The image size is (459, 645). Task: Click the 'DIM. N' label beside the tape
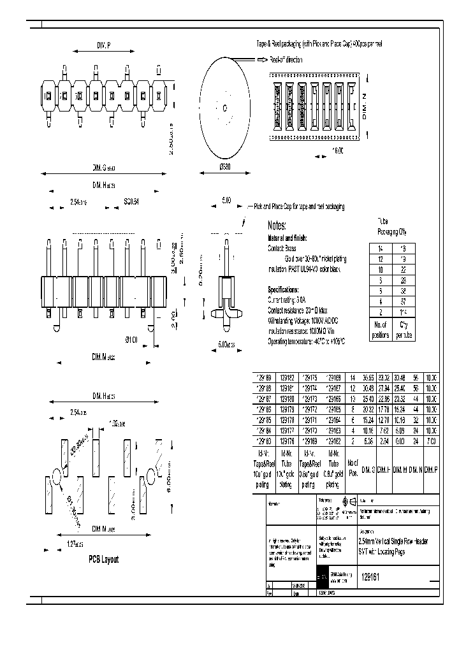[x=365, y=106]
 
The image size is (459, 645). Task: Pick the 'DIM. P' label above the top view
[x=103, y=46]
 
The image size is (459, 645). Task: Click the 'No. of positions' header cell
[x=381, y=330]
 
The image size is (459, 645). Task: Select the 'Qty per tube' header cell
[x=402, y=330]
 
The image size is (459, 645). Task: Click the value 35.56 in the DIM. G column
[x=368, y=377]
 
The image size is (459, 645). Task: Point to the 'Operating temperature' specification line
[x=306, y=342]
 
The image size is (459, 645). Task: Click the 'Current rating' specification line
[x=288, y=299]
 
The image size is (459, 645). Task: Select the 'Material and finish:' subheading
[x=291, y=237]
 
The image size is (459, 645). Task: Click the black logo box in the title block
[x=323, y=576]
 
